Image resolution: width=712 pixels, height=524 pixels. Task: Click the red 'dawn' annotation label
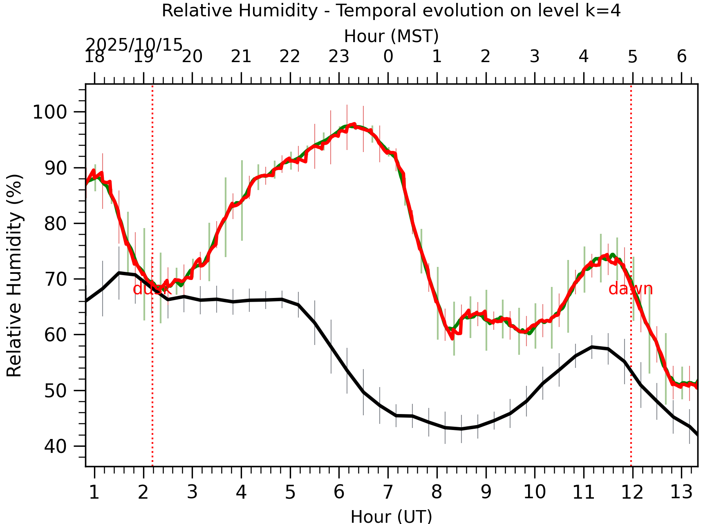[630, 289]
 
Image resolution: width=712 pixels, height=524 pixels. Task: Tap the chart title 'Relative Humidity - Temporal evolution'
[391, 11]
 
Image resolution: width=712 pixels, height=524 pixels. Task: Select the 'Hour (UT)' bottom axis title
[391, 516]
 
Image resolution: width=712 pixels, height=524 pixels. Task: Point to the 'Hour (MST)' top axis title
[391, 36]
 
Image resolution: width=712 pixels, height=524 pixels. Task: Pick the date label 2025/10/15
[134, 45]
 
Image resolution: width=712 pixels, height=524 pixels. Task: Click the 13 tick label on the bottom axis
[681, 492]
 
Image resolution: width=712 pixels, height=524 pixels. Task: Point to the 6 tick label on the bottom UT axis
[339, 492]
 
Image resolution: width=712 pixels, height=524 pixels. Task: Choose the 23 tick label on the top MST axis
[339, 56]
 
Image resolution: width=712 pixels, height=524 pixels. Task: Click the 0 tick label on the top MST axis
[388, 56]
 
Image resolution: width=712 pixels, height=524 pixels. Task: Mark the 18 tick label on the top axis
[94, 56]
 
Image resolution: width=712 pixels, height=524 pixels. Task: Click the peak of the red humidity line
[354, 124]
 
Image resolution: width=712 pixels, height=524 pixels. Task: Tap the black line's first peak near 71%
[119, 273]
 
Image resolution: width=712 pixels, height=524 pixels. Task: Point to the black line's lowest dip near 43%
[461, 429]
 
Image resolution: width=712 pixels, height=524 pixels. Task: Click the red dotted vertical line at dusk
[152, 368]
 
